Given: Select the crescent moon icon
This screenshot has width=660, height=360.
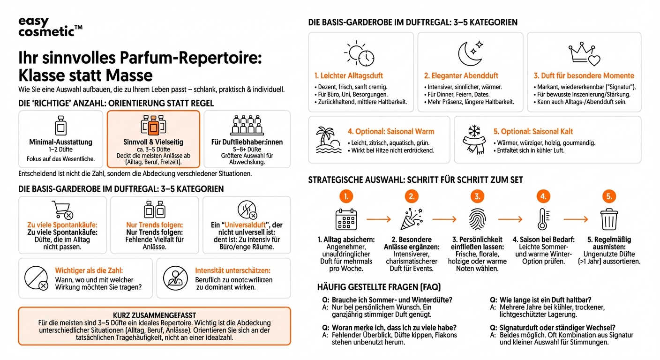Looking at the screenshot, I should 470,52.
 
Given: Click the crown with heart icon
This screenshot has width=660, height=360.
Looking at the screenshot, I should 584,54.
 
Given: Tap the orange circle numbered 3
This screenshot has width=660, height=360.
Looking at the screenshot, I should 477,196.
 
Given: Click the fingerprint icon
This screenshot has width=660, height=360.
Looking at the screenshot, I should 477,219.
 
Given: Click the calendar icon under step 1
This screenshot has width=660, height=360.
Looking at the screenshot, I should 346,219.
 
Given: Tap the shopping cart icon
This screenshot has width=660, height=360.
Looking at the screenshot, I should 62,210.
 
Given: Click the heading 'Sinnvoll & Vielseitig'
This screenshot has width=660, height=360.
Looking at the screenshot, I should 154,142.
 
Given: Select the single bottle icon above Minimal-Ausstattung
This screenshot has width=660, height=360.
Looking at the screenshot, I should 60,126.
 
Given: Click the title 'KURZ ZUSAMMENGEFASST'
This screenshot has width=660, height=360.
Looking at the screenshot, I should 154,315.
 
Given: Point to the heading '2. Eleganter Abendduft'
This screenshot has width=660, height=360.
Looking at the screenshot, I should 461,75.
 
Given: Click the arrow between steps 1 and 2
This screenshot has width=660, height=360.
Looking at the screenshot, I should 378,219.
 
